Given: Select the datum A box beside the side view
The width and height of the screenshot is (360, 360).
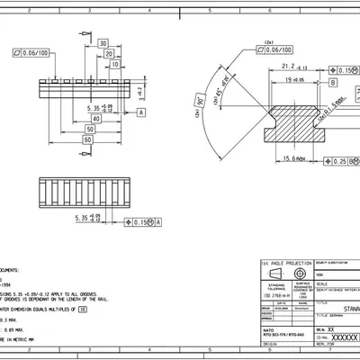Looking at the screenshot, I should click(141, 112).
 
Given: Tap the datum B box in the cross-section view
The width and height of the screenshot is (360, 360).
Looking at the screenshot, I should click(333, 81).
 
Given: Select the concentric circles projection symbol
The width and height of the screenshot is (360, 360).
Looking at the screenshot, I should click(298, 274).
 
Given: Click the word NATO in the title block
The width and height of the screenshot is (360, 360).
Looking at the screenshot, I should click(267, 328).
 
